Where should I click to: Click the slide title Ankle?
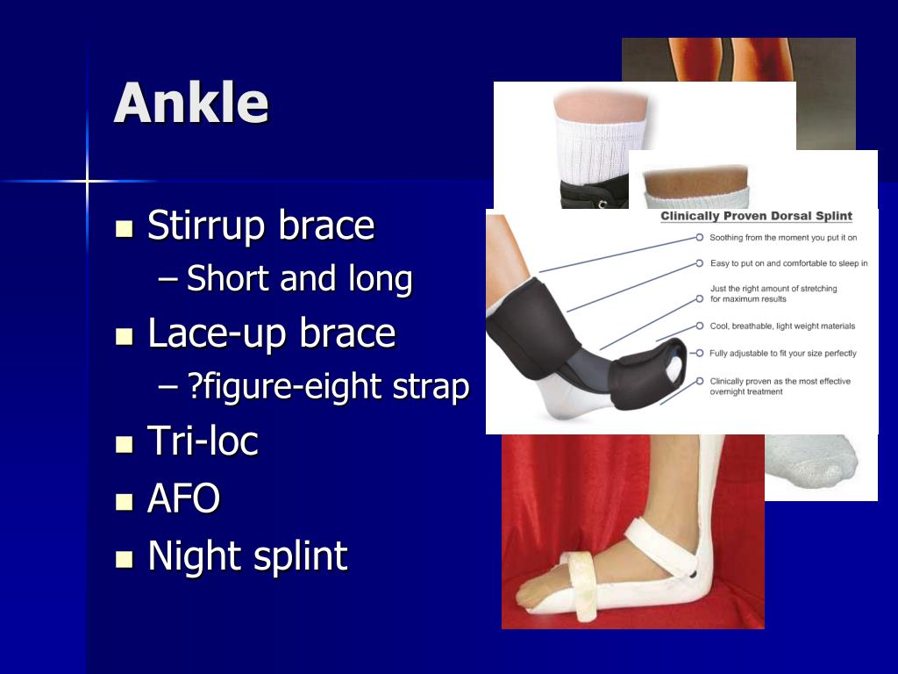tap(190, 103)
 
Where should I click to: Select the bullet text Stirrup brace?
tap(260, 226)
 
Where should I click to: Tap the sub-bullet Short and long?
tap(299, 279)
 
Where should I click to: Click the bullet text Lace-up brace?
tap(271, 333)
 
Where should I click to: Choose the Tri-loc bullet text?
tap(203, 441)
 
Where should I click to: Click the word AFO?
tap(183, 498)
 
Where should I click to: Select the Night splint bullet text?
tap(247, 556)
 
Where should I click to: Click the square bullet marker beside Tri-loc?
tap(124, 443)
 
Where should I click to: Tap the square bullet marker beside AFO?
tap(124, 501)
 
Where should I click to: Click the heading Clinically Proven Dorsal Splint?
tap(756, 216)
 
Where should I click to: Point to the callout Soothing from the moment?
tap(782, 237)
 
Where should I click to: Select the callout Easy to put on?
tap(788, 262)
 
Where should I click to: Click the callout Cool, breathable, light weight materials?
tap(781, 326)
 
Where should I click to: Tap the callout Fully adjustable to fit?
tap(782, 353)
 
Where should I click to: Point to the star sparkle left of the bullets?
tap(87, 182)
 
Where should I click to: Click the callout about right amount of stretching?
tap(773, 293)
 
